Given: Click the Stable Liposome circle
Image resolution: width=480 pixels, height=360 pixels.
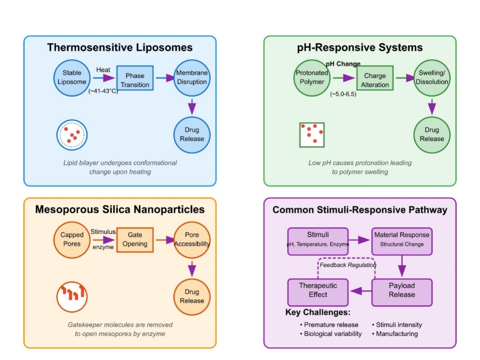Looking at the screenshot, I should click(x=72, y=78).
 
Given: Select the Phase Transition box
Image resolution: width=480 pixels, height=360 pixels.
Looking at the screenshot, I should click(x=135, y=80).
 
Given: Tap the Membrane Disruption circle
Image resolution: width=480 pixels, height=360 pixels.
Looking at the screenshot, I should click(x=192, y=78).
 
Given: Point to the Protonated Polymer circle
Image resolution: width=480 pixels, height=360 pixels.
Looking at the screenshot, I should click(x=312, y=78).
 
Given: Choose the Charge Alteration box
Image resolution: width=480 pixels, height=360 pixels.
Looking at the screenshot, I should click(x=375, y=80).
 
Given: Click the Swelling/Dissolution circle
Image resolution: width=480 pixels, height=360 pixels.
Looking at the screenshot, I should click(x=432, y=78).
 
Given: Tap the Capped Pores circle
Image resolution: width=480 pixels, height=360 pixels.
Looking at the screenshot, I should click(x=72, y=239).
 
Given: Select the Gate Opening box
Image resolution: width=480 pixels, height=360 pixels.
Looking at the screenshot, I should click(x=135, y=240).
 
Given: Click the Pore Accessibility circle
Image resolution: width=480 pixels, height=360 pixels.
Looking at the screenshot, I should click(x=192, y=239).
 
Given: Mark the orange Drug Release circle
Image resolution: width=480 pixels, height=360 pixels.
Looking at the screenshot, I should click(x=192, y=296).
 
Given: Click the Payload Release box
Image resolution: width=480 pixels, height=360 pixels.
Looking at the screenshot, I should click(x=402, y=290).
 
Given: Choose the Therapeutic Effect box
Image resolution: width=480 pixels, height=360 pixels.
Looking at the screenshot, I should click(x=318, y=290).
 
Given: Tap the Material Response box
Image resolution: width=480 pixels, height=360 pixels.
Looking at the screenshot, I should click(x=402, y=239).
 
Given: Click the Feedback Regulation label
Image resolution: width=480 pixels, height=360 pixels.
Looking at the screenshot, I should click(x=348, y=265).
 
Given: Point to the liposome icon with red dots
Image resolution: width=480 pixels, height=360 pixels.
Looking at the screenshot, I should click(x=72, y=135).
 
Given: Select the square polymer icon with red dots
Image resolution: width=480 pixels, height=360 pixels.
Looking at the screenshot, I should click(x=312, y=135).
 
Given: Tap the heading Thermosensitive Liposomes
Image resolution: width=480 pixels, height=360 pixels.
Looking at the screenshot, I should click(x=120, y=47).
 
